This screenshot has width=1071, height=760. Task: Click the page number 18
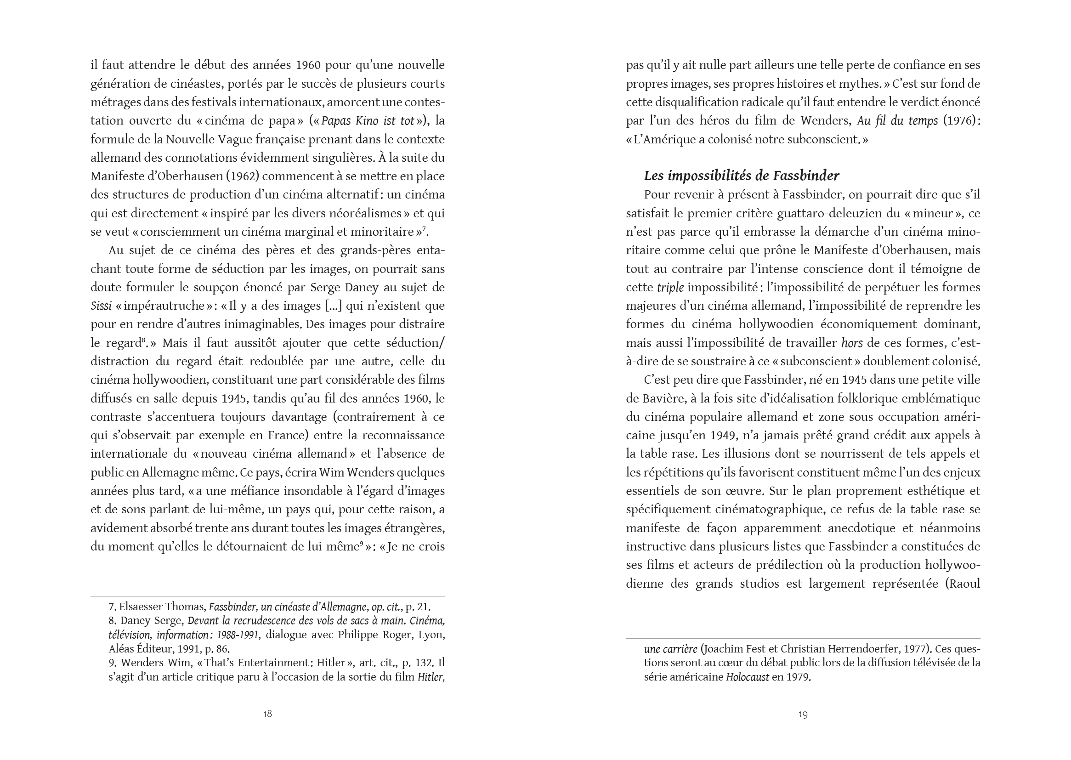pos(267,714)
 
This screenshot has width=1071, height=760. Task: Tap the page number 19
pos(803,714)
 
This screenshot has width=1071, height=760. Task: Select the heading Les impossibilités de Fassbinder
pos(741,176)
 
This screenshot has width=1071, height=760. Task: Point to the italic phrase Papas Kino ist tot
pos(367,121)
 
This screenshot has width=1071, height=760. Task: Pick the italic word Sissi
pos(101,306)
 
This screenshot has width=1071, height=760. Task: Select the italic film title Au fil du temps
pos(897,121)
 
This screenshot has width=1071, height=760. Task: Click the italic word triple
pos(670,287)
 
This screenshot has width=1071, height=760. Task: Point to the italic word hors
pos(851,343)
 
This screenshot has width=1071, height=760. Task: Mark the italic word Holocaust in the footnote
pos(747,677)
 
